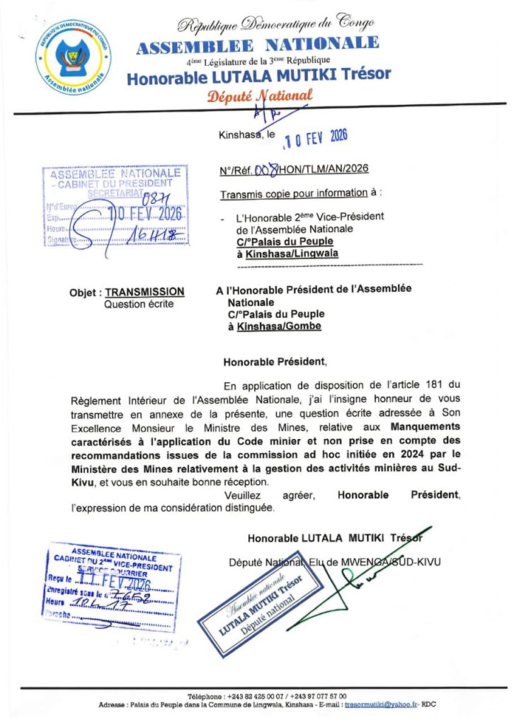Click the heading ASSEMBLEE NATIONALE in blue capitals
coord(258,45)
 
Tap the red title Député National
coord(259,96)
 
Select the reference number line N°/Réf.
coord(294,169)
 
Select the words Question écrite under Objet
coord(138,304)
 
